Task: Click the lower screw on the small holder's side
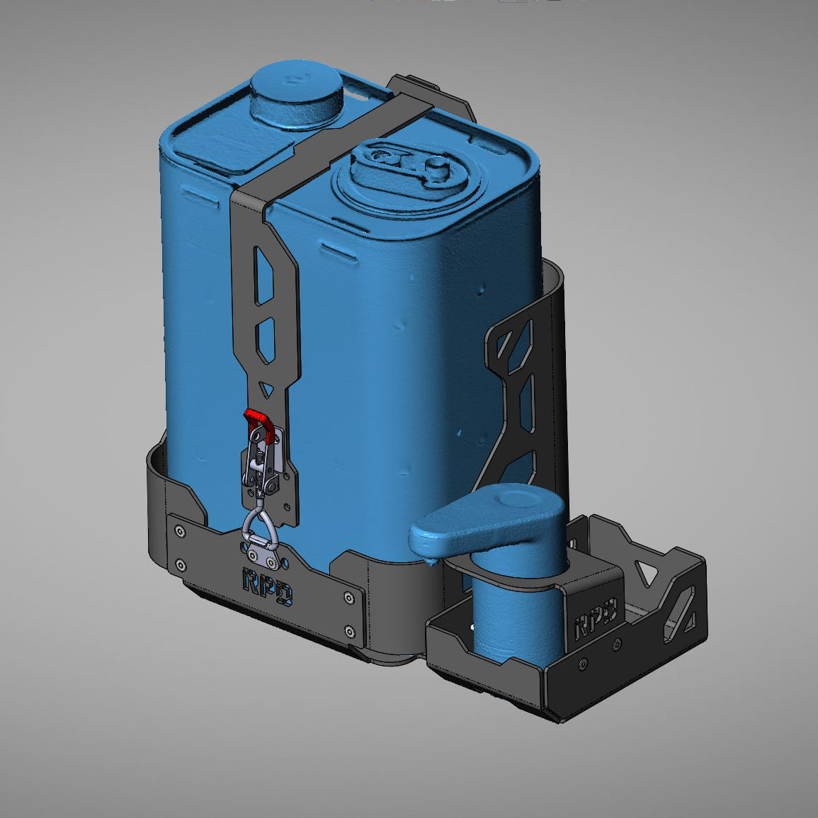(x=582, y=665)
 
